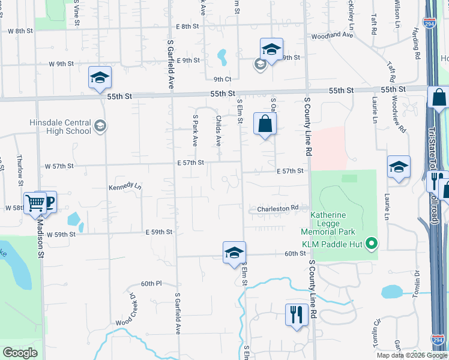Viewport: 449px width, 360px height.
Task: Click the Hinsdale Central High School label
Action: pos(60,127)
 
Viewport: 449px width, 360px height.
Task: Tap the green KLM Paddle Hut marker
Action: pos(372,243)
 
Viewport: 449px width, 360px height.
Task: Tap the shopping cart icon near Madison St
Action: pos(35,203)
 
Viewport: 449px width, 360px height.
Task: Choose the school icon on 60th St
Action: pos(234,252)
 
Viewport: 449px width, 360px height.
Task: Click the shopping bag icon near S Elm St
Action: pos(265,124)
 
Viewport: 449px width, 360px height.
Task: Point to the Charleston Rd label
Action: pos(278,209)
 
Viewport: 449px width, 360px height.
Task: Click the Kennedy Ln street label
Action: pos(124,187)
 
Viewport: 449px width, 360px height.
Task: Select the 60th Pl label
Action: pos(151,283)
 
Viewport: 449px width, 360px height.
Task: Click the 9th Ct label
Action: pos(223,79)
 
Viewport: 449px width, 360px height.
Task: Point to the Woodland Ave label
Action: pos(332,35)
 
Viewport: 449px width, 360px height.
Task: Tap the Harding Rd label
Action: pos(415,46)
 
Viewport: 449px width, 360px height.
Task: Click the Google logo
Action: pos(20,353)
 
